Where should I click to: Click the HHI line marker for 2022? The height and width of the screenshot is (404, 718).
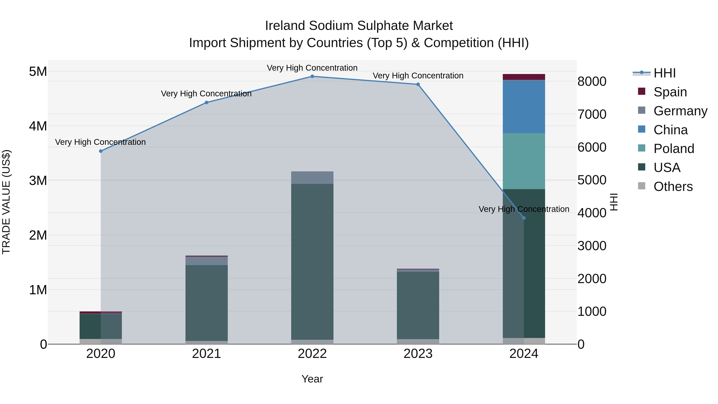coord(312,76)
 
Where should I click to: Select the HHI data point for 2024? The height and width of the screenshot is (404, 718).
coord(524,218)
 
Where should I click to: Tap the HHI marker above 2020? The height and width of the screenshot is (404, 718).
coord(101,151)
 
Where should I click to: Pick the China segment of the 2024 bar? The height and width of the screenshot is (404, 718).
coord(524,107)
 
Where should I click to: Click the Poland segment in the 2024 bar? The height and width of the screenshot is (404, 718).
coord(524,161)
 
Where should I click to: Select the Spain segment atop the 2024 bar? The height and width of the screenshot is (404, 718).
coord(524,77)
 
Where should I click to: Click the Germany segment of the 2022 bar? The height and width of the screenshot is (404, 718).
coord(312,178)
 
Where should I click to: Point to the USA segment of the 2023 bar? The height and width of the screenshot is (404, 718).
coord(418,305)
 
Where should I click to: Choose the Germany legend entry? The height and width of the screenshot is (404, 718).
coord(680,111)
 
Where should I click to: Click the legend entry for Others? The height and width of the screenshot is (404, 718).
coord(673,187)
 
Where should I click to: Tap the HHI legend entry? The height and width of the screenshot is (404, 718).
coord(665,73)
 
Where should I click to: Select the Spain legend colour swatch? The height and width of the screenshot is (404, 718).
coord(642,91)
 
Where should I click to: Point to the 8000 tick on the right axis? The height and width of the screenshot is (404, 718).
coord(592,82)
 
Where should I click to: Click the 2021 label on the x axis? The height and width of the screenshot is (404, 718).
coord(207,354)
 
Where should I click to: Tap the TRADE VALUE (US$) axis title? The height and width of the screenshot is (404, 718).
coord(6,202)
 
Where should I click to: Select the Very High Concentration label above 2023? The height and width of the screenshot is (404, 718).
coord(418,76)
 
